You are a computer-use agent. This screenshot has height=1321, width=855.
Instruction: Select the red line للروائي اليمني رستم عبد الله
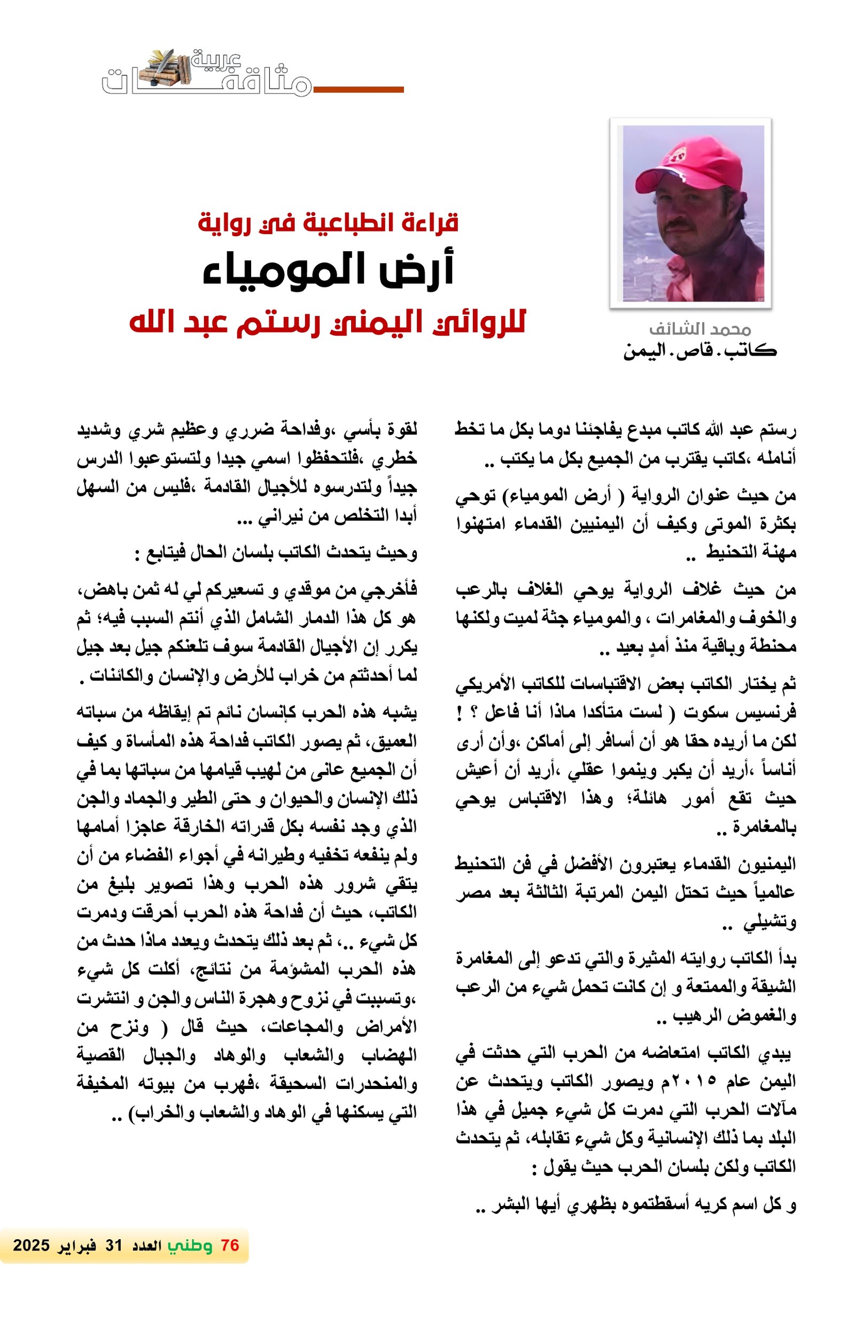coord(328,322)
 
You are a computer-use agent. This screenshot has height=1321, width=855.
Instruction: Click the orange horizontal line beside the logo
coord(358,89)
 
